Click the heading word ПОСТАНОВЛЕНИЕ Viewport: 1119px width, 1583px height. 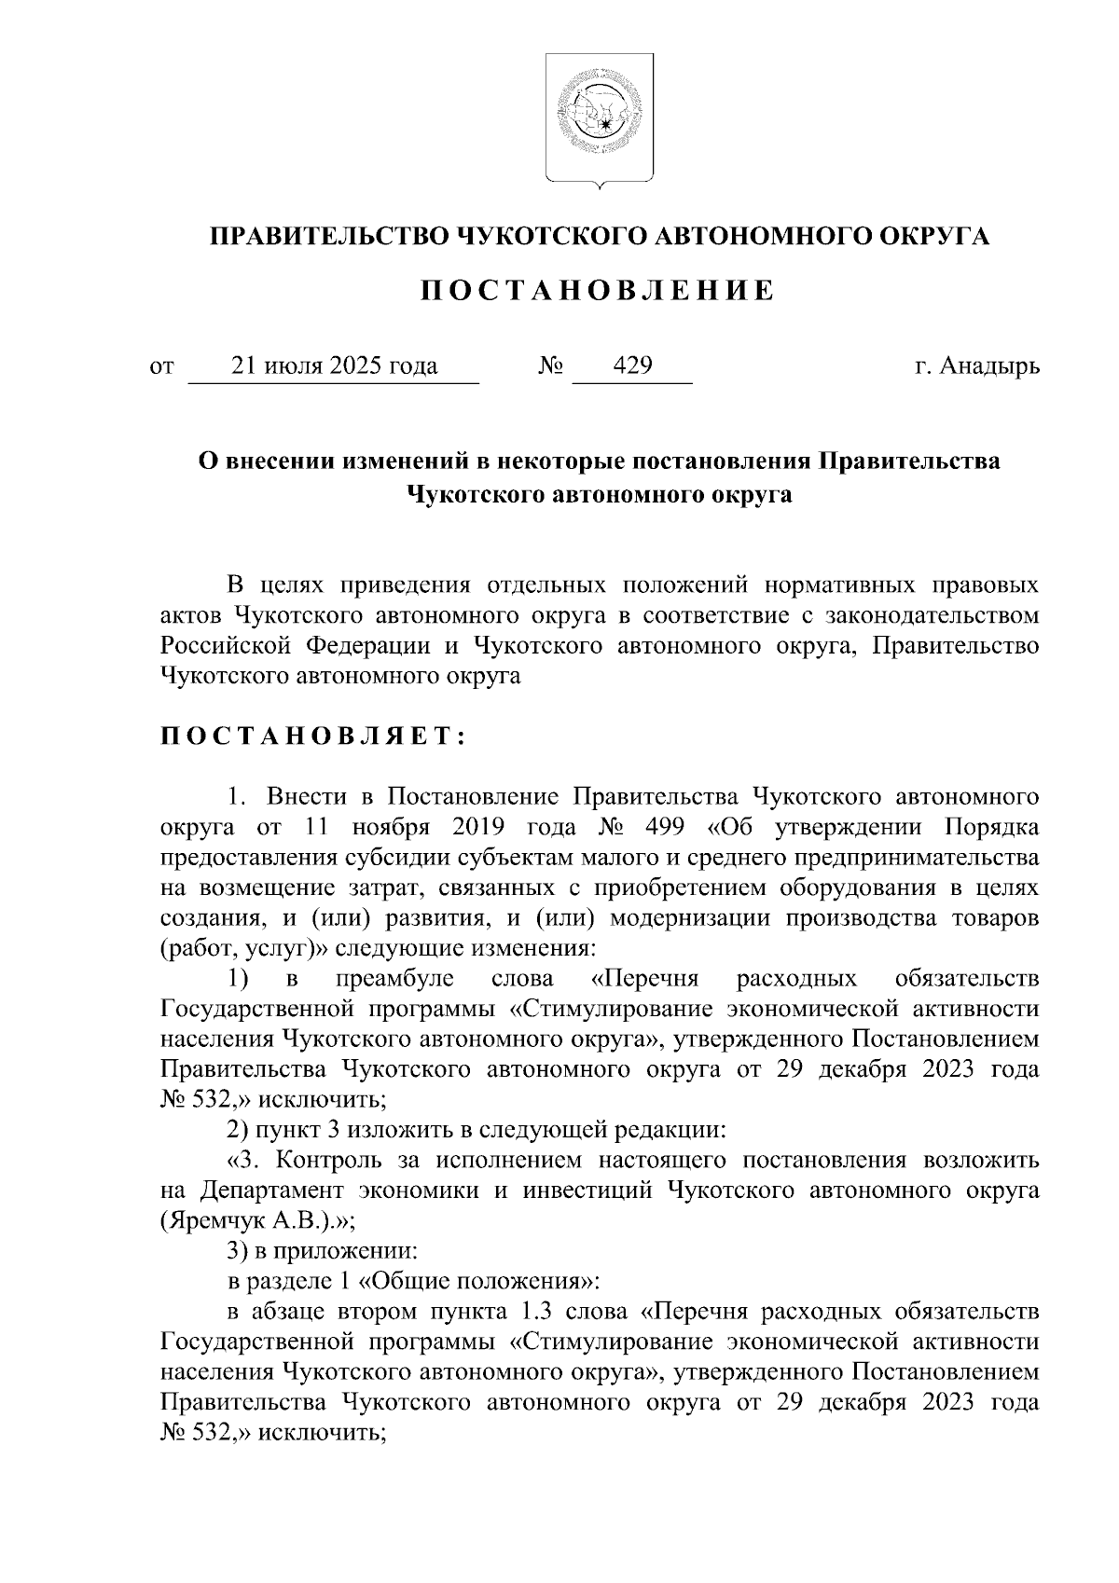click(x=598, y=291)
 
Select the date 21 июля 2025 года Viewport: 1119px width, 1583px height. click(x=335, y=366)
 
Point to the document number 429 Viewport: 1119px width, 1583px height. click(x=632, y=366)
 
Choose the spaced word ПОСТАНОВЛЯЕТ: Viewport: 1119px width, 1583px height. click(x=311, y=736)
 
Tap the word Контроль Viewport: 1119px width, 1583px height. click(x=331, y=1160)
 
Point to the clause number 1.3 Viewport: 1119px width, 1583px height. click(x=534, y=1311)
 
